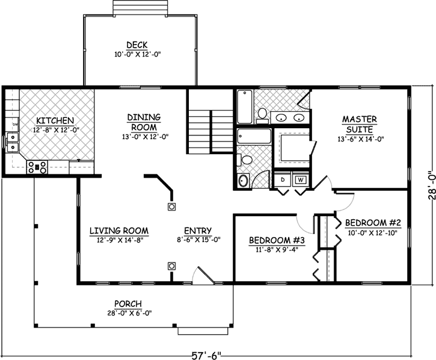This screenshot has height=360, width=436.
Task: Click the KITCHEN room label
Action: tap(54, 120)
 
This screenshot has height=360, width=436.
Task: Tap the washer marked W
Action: tap(300, 180)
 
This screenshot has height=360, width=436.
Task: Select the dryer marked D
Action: tap(282, 180)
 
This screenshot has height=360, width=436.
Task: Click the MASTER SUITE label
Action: tap(360, 124)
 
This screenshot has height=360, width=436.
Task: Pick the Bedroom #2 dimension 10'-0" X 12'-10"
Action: tap(371, 233)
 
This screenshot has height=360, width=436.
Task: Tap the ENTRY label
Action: tap(197, 230)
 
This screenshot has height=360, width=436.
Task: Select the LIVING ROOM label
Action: tap(118, 230)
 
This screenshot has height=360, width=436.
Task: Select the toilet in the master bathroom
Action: tap(262, 113)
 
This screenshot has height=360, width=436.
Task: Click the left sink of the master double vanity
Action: tap(281, 117)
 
